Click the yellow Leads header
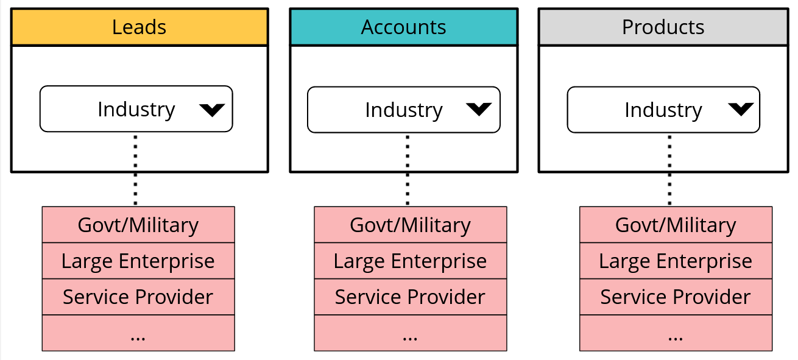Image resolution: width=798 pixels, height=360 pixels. click(139, 27)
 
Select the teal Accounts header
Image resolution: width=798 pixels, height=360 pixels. click(403, 27)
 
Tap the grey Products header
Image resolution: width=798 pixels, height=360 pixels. click(663, 27)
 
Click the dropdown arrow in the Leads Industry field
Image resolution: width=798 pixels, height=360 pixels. click(212, 110)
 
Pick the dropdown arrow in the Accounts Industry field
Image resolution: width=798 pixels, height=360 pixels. click(479, 109)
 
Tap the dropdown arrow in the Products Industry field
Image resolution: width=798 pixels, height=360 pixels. click(741, 109)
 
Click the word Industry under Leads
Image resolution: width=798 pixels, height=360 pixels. click(136, 110)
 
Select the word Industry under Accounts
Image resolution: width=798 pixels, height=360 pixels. click(403, 110)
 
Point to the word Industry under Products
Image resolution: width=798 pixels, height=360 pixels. click(663, 110)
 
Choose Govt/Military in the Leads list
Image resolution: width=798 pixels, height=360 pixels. click(138, 225)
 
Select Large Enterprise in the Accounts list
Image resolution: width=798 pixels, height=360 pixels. click(410, 261)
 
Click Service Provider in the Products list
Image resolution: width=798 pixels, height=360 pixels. click(676, 297)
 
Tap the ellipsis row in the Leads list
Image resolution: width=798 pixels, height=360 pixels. click(138, 333)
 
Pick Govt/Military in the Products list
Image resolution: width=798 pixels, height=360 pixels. click(676, 225)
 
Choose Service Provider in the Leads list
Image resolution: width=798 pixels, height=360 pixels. click(138, 297)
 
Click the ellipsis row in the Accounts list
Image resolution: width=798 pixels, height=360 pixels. click(410, 333)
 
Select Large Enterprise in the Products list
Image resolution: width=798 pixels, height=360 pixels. click(676, 261)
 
